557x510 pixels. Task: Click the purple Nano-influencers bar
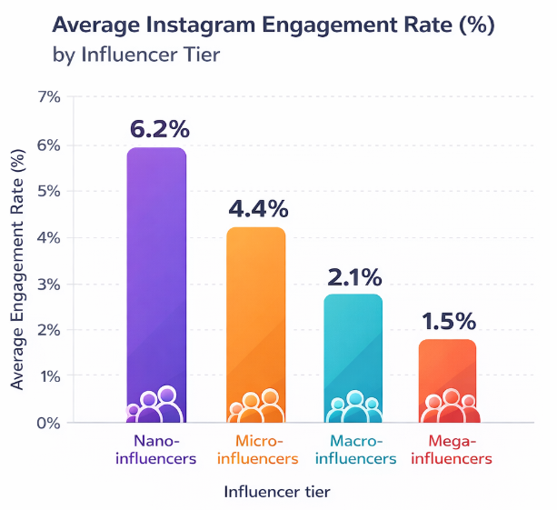156,273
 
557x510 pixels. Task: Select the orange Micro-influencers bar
255,309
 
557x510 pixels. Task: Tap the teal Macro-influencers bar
353,345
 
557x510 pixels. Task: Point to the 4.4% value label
258,209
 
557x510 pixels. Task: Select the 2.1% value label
355,275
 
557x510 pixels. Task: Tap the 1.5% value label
449,321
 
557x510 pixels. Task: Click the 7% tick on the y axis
49,97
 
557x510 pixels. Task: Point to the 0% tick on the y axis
49,423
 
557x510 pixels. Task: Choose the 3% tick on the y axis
49,284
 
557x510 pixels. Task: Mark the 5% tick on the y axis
49,191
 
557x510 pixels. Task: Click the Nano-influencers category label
156,450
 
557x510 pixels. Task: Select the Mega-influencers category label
449,450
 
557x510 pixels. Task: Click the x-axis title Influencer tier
276,492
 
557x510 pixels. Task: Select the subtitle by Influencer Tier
137,55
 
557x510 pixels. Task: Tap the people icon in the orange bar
255,406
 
